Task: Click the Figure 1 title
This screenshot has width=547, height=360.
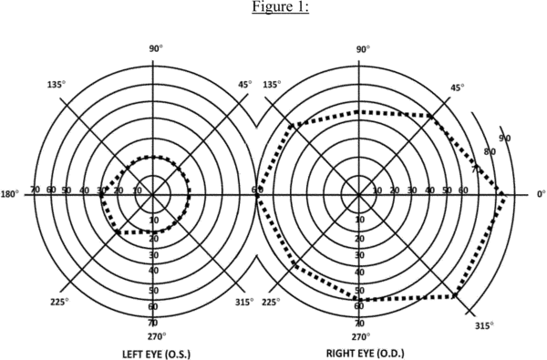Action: click(280, 6)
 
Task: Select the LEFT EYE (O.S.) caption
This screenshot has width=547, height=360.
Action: click(157, 354)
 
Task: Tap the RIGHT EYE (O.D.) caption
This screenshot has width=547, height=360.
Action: click(366, 354)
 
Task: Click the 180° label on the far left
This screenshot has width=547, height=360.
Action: click(10, 194)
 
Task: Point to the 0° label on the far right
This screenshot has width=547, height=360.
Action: click(542, 194)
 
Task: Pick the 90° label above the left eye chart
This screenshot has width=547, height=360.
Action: click(156, 48)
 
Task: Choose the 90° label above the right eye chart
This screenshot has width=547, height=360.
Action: click(363, 49)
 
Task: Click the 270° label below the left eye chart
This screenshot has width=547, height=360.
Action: click(157, 336)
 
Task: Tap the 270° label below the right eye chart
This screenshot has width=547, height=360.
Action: click(361, 336)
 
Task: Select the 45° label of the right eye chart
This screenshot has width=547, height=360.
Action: click(458, 87)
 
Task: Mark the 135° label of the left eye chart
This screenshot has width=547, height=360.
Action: click(57, 85)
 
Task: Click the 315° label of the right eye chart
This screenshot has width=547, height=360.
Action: click(484, 325)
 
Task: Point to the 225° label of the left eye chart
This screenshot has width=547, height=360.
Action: click(59, 302)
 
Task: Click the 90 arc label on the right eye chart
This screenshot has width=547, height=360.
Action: click(504, 139)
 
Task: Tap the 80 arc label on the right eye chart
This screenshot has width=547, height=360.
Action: click(490, 151)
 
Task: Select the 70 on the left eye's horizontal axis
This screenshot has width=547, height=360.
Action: click(35, 190)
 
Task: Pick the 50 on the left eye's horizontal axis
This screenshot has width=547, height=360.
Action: click(67, 190)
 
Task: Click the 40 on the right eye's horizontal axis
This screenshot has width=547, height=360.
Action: click(429, 190)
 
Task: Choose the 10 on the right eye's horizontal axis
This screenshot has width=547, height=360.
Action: click(377, 190)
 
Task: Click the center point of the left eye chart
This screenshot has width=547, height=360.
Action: click(153, 194)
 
